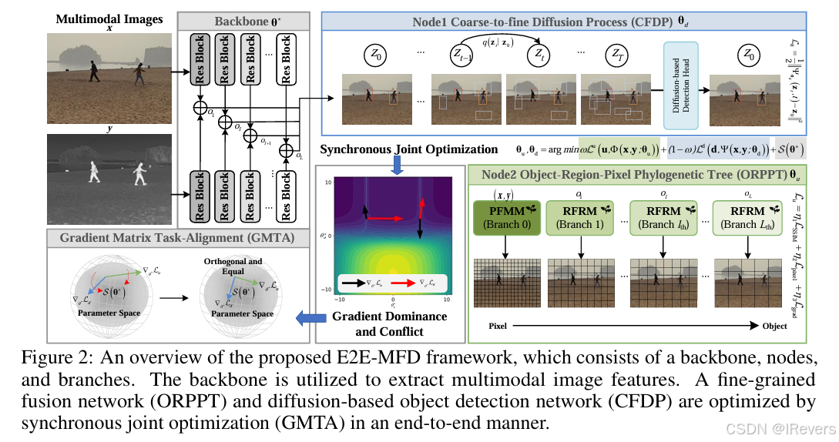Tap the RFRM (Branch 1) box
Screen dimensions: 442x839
click(x=575, y=216)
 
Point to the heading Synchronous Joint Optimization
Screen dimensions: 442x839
click(x=409, y=149)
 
